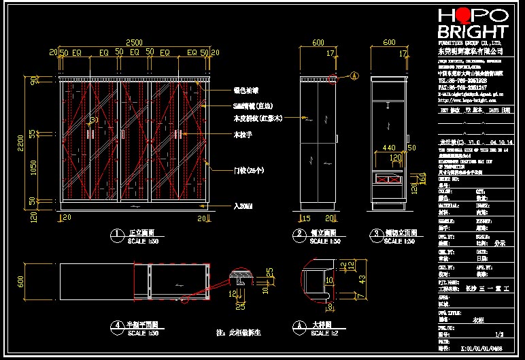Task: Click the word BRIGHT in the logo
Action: click(473, 32)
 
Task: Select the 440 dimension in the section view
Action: click(389, 147)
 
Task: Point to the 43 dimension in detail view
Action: click(362, 279)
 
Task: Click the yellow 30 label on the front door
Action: click(94, 120)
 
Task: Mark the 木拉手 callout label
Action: click(243, 135)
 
